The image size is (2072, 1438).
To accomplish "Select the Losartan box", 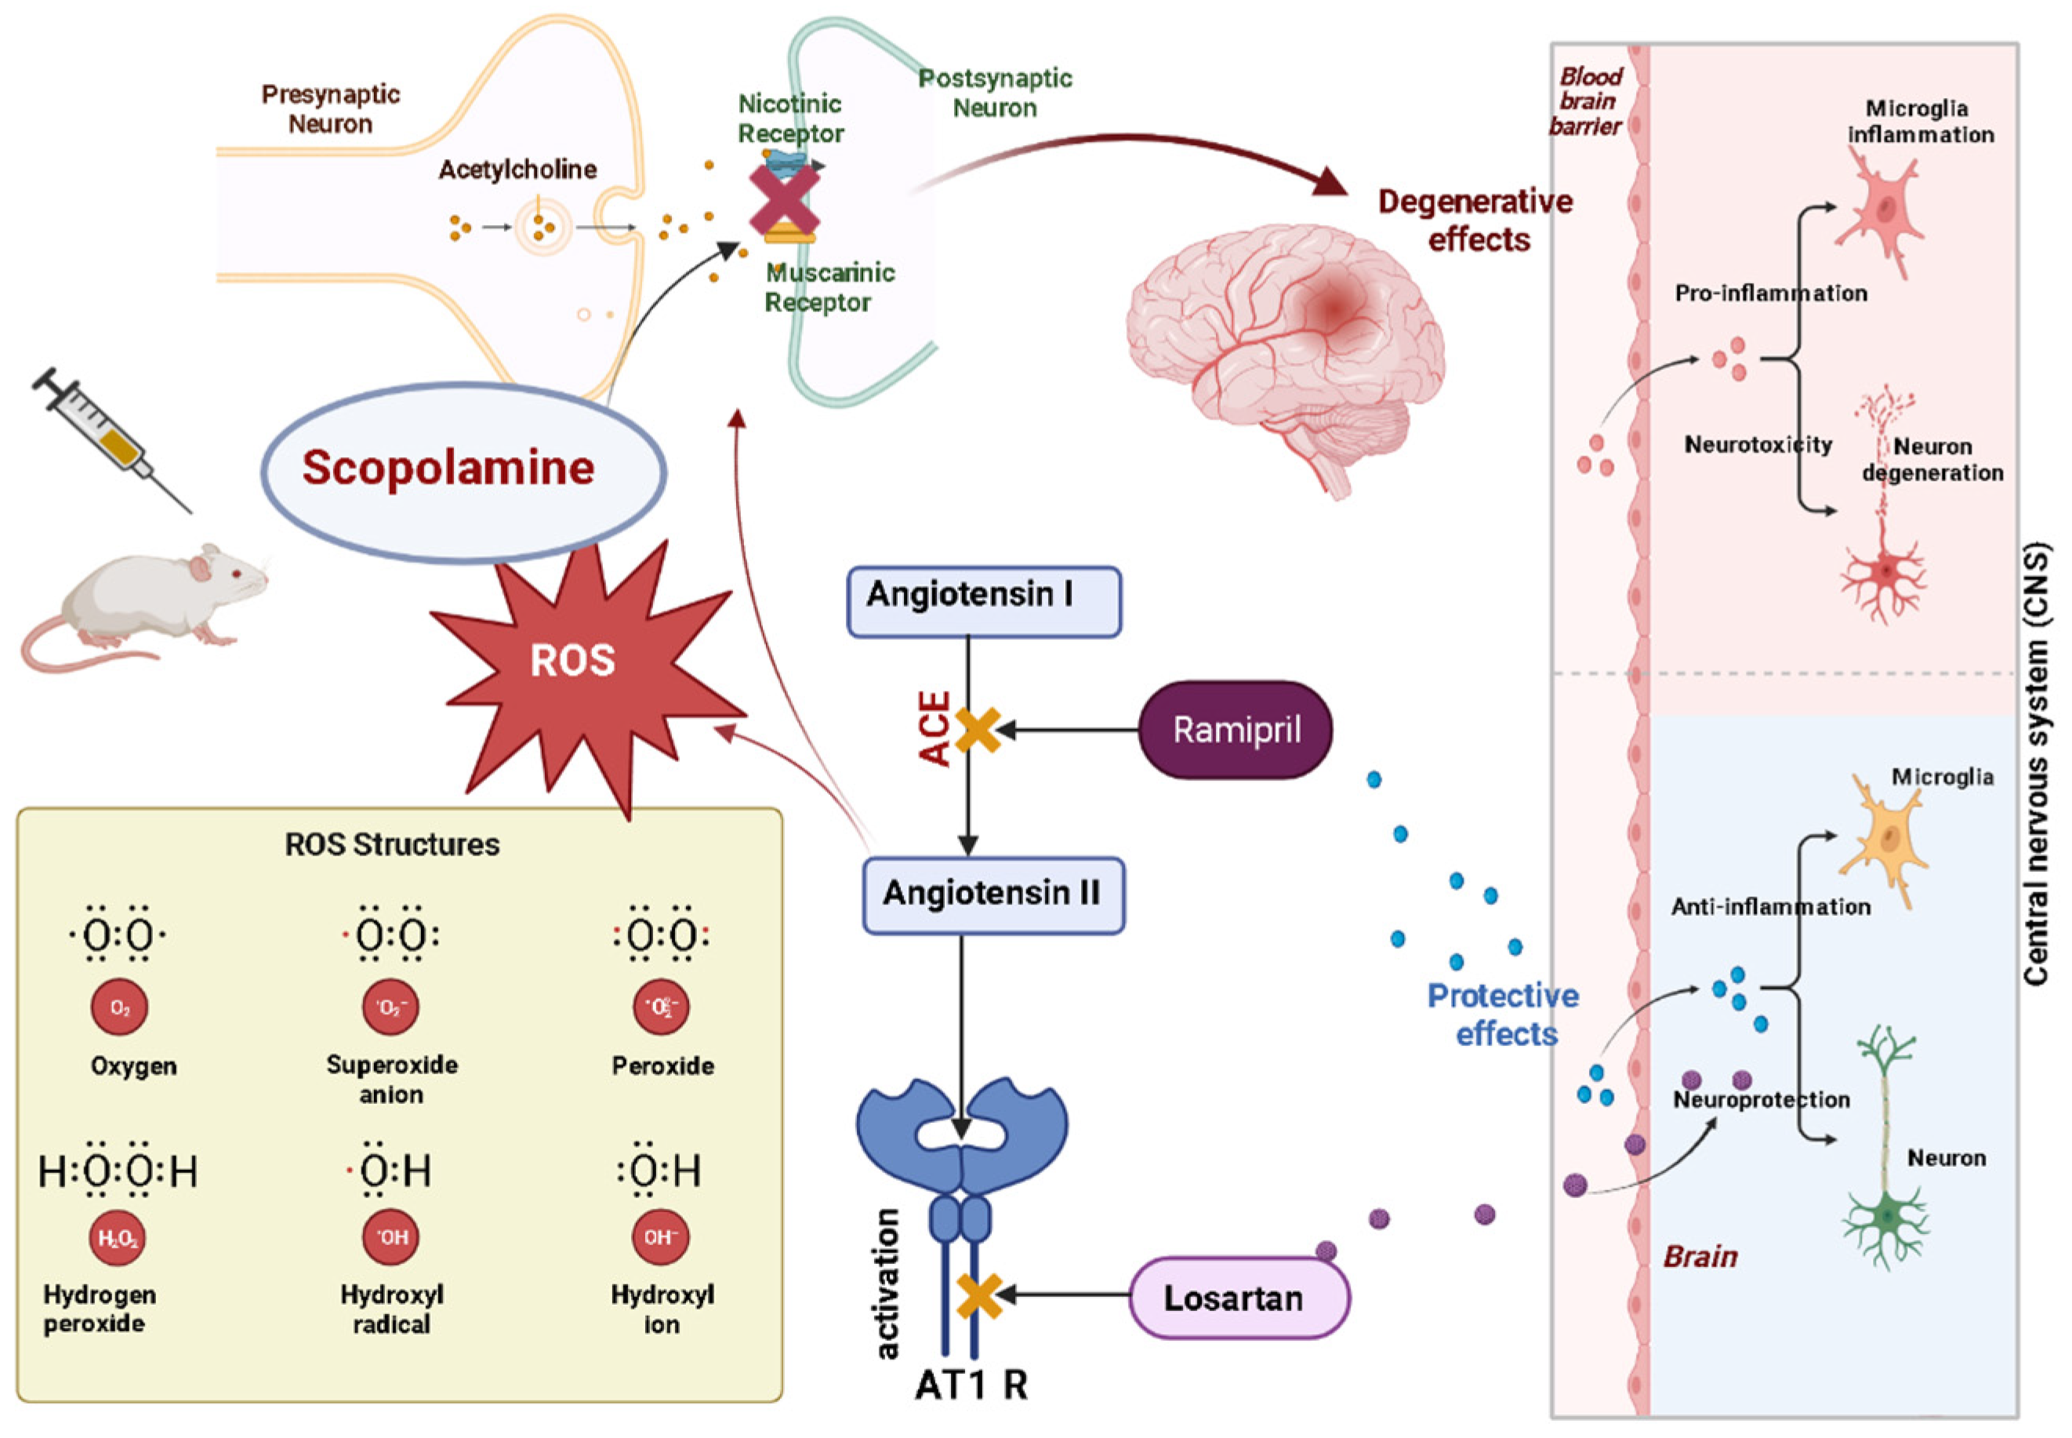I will point(1239,1298).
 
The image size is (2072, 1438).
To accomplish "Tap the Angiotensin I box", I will point(983,601).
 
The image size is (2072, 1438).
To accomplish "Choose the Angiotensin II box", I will point(992,894).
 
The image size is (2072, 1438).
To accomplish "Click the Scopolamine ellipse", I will point(463,470).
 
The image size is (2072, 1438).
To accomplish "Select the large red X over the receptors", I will point(785,200).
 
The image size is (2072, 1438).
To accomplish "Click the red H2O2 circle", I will point(118,1238).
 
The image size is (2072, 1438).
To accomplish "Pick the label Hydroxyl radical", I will point(391,1309).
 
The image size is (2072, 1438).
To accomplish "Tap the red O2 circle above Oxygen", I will point(119,1008).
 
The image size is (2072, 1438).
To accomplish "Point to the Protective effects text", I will point(1504,1014).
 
